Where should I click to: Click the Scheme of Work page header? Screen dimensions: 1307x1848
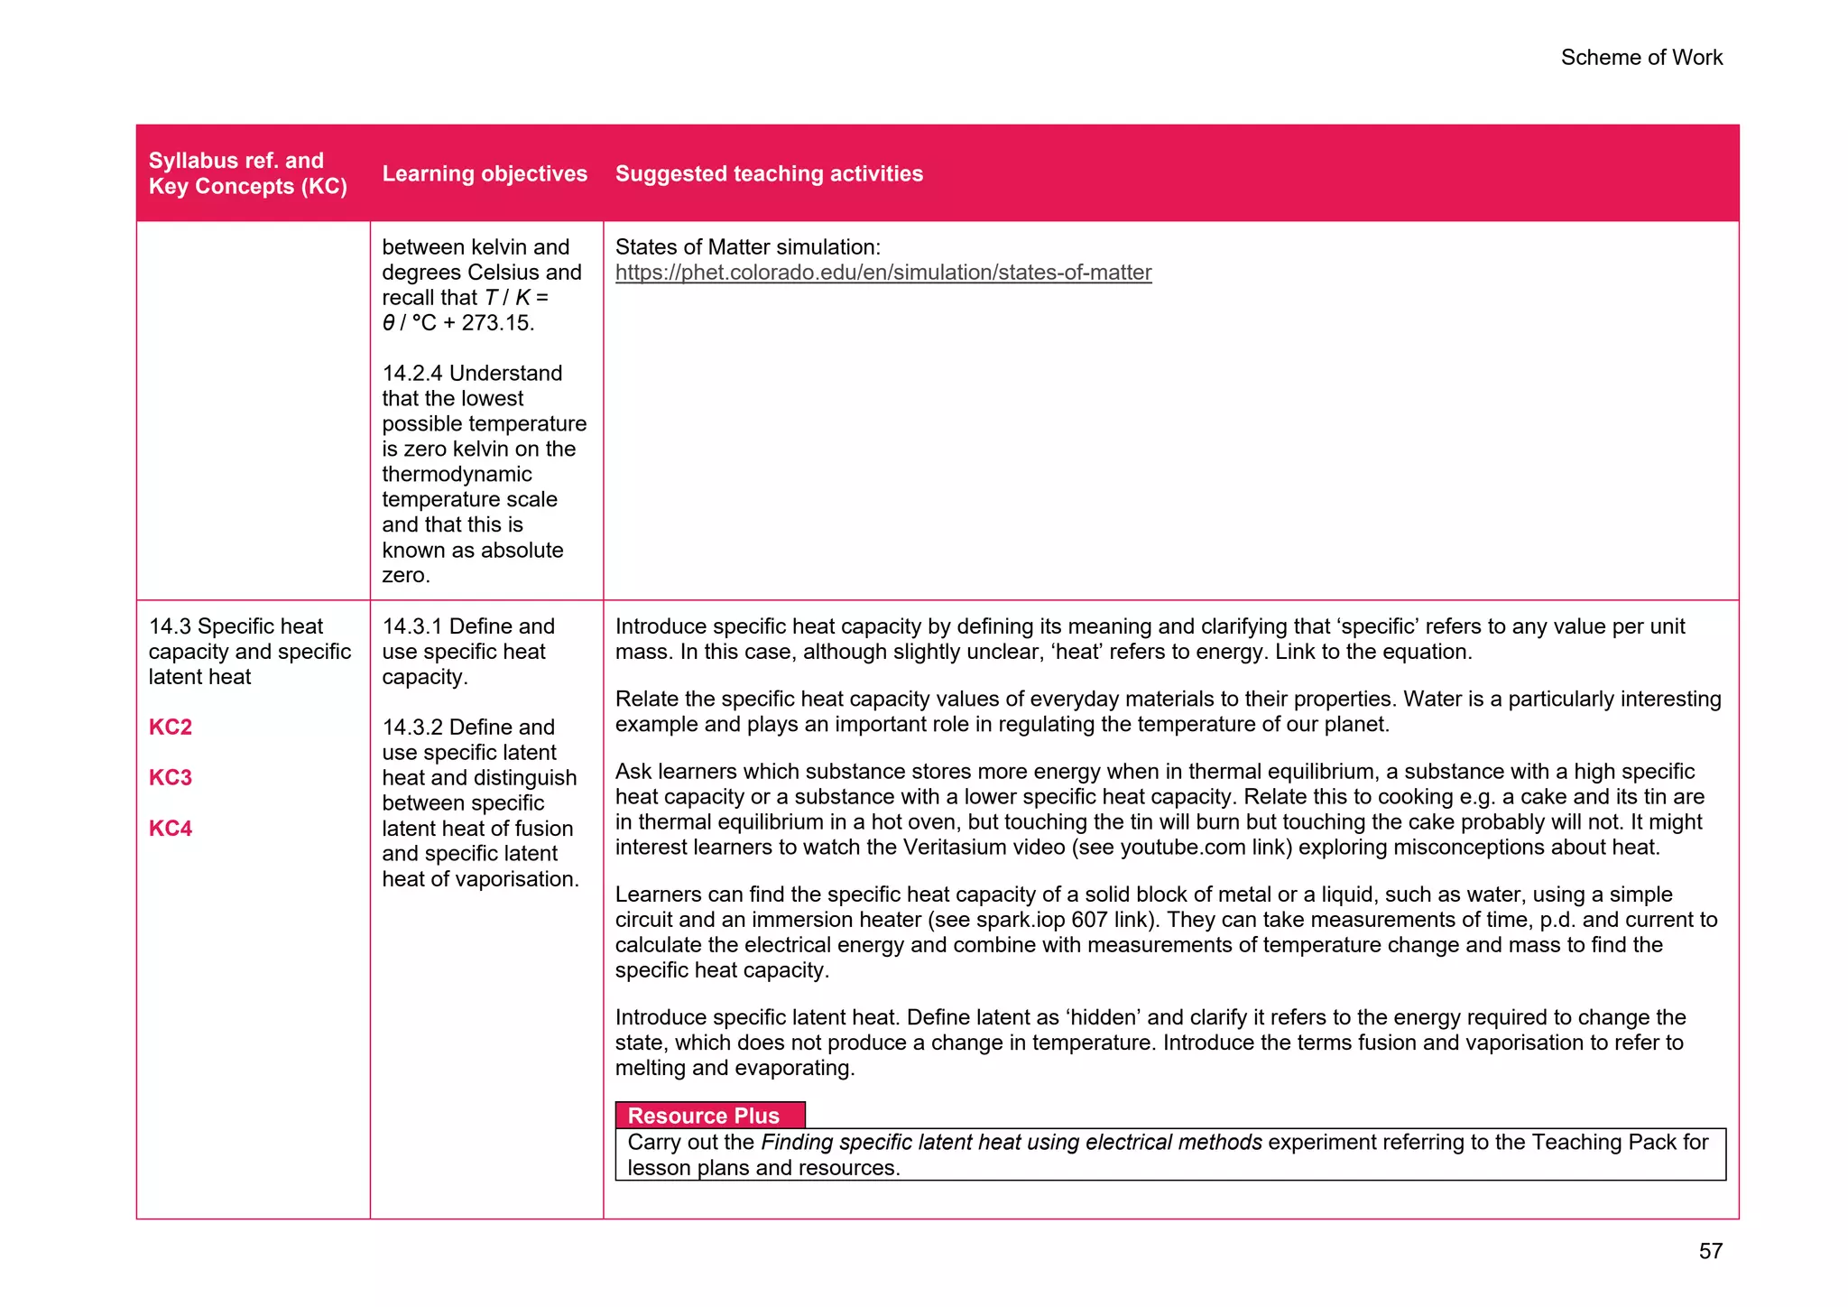(x=1640, y=58)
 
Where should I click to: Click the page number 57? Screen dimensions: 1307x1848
(x=1710, y=1251)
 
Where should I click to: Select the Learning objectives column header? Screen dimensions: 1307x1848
(x=485, y=173)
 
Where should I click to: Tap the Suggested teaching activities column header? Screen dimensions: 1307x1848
(x=769, y=173)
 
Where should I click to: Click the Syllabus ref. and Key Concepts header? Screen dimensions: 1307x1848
(x=247, y=173)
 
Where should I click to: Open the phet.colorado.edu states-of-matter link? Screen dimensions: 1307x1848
(x=882, y=273)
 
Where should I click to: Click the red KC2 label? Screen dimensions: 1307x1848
(x=171, y=728)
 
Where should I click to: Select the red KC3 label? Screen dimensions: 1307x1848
(x=171, y=778)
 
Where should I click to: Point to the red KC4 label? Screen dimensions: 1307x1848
(x=171, y=829)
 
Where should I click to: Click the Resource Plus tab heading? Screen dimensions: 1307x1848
(x=703, y=1116)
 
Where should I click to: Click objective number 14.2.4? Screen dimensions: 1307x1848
(x=411, y=374)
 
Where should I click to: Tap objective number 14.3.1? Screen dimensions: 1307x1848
(x=411, y=626)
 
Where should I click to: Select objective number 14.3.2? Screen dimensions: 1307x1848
(x=411, y=728)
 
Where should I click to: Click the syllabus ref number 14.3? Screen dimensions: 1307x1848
(x=170, y=626)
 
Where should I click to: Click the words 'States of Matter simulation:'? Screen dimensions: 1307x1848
(x=747, y=247)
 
